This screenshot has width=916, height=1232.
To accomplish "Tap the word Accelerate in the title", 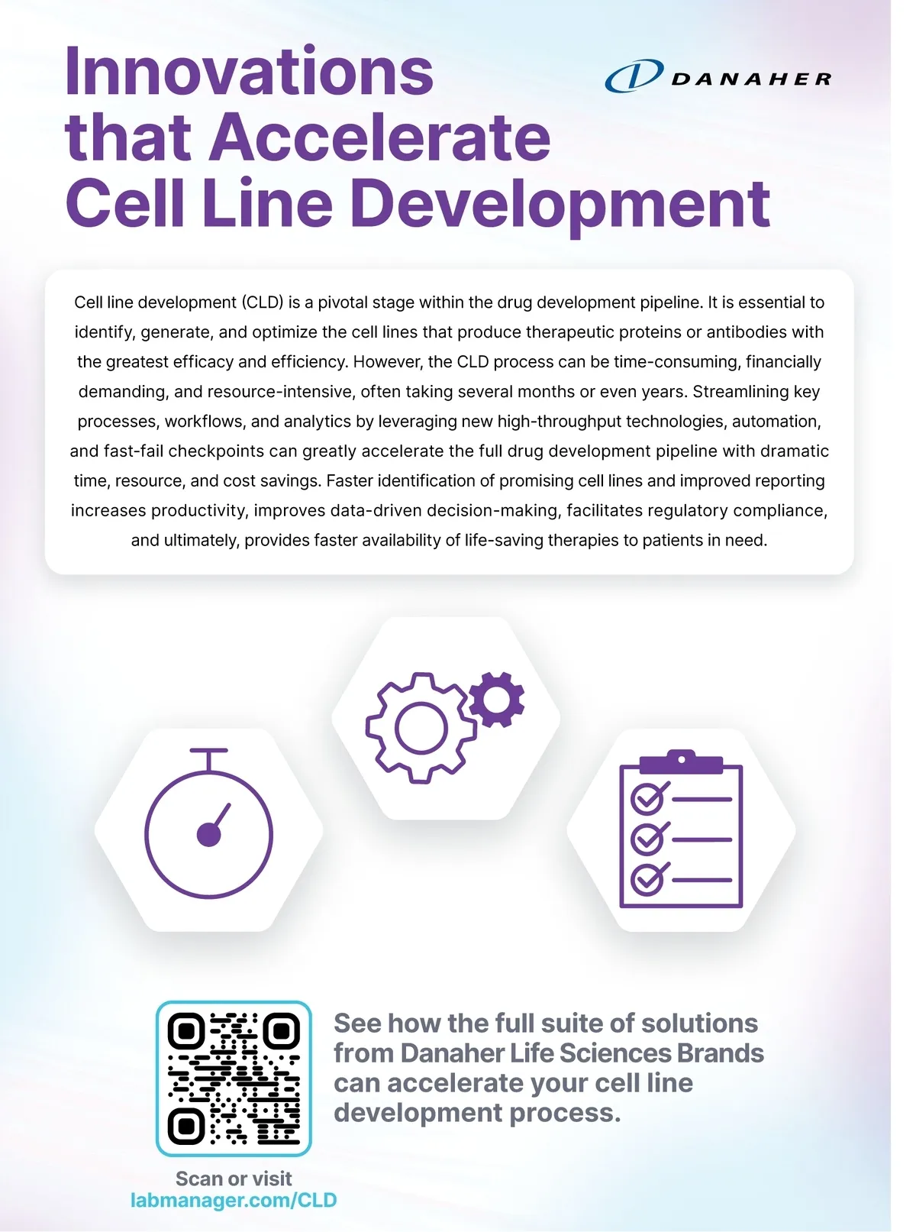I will [380, 137].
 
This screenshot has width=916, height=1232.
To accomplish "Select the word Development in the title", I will [560, 204].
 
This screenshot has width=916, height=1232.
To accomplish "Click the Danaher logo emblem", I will [634, 76].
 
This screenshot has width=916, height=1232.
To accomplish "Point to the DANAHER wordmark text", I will [751, 79].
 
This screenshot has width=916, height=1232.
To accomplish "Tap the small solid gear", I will [497, 699].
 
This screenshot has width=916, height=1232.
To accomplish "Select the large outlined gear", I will [420, 728].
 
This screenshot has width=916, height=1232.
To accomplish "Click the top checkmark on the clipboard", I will [650, 799].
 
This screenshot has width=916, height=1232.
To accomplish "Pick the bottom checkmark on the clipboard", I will [650, 880].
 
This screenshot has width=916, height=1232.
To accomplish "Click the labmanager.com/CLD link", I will [234, 1200].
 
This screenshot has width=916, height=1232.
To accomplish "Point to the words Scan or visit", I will [234, 1179].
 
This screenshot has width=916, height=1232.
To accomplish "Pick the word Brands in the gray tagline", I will [720, 1053].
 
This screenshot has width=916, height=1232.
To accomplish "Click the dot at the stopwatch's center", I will [208, 835].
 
